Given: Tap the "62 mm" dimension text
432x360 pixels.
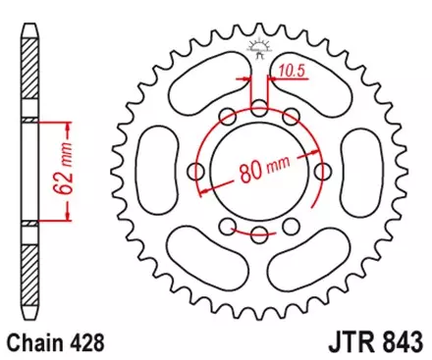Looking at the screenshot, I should click(65, 169).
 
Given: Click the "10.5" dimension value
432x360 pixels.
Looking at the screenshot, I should click(291, 70).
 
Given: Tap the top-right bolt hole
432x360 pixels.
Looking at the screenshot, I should click(291, 116).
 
